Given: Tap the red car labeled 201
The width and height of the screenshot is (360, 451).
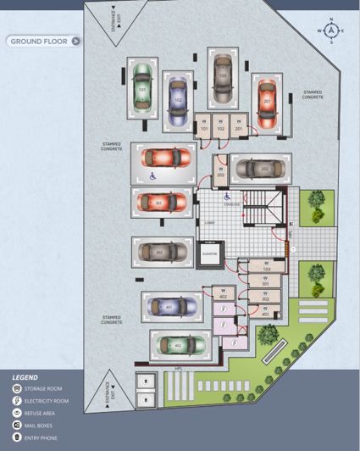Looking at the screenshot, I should coord(265,101).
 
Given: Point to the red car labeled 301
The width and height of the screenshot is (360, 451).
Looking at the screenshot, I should coord(161,202).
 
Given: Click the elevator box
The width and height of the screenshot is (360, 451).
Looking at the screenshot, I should coord(210,253).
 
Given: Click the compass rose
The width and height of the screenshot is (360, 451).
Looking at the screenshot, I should coord(330,31).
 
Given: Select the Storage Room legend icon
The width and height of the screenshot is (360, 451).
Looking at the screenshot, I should coord(16,388).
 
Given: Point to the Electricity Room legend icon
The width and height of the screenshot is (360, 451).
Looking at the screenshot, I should coord(16,400).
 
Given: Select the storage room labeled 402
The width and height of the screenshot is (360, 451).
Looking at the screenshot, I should coord(223,295).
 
